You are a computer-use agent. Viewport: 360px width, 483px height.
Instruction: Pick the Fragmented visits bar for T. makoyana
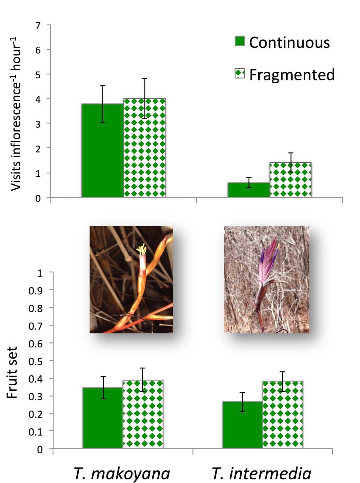(145, 148)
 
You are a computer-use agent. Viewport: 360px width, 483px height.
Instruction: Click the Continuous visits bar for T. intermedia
(249, 190)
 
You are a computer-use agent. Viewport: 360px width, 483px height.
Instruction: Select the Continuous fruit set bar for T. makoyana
(103, 418)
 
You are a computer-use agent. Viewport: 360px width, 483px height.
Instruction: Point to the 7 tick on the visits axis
(38, 25)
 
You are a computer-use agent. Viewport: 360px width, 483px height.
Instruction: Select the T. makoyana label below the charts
(122, 473)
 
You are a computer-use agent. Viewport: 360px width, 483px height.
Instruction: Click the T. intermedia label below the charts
(262, 473)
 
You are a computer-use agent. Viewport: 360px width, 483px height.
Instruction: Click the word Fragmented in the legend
(292, 75)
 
